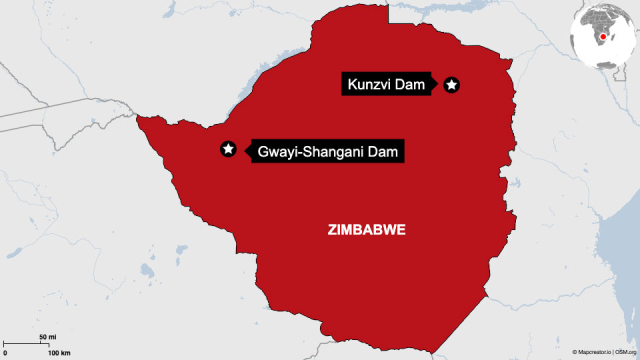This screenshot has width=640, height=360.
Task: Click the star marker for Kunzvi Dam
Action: (x=451, y=85)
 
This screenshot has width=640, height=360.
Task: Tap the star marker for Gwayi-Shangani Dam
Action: (x=228, y=149)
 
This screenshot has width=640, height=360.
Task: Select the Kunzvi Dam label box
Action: (x=386, y=85)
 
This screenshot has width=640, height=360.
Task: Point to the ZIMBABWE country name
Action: (x=367, y=229)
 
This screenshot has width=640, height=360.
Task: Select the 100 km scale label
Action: (x=58, y=353)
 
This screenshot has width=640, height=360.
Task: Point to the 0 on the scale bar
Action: (x=5, y=353)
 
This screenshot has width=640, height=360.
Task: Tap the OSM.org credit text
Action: (x=626, y=353)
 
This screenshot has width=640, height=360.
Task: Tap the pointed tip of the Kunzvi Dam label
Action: (x=437, y=85)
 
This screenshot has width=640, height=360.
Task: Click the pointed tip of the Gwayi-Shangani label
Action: (x=243, y=150)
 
